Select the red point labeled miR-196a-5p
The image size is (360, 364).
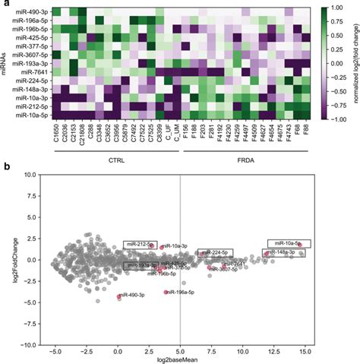pos(166,292)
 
